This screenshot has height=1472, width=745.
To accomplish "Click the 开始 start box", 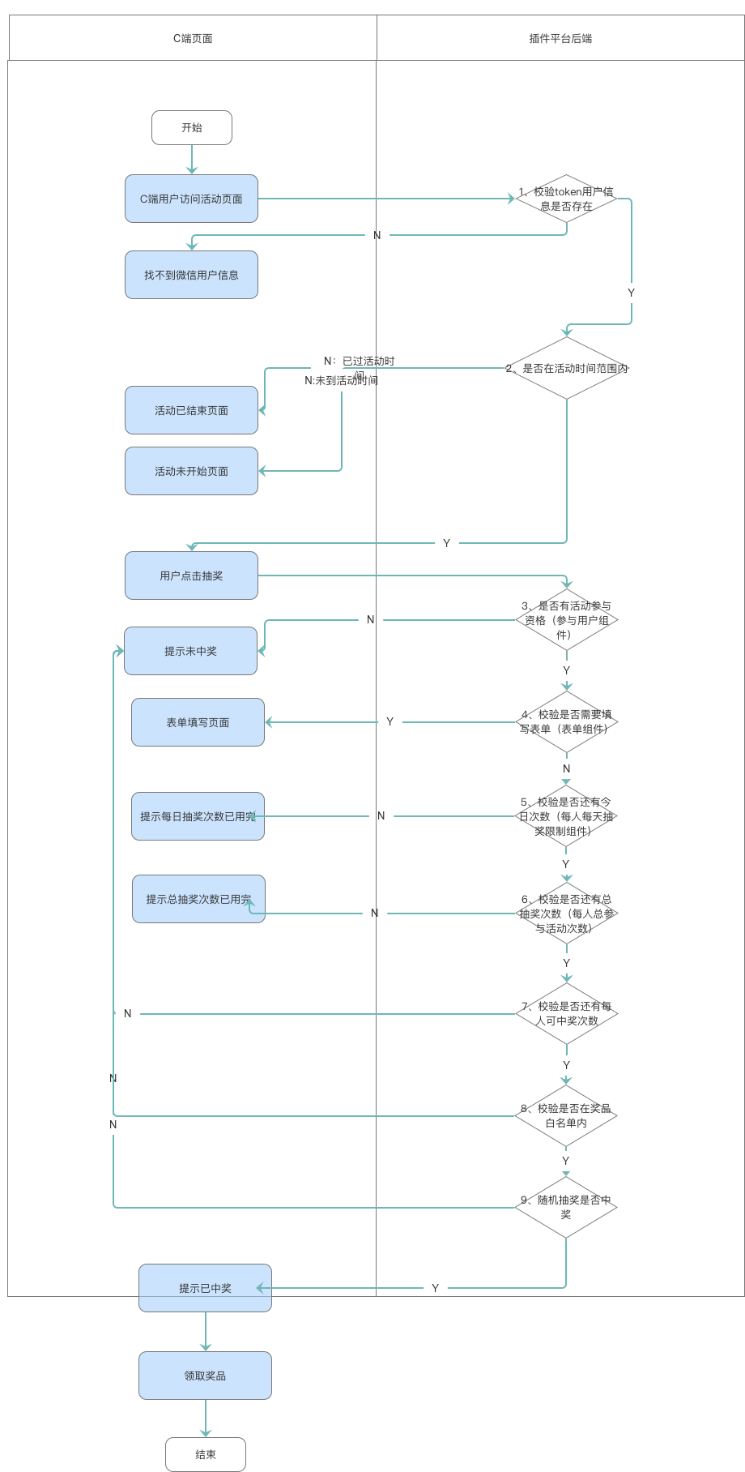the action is (x=192, y=128).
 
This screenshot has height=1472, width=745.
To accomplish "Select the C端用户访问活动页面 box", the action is (x=191, y=199).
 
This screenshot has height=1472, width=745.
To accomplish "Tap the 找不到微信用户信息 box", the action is (x=191, y=275).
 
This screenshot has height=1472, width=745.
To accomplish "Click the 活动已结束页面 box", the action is (x=191, y=410).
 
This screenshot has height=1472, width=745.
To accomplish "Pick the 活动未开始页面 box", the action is (x=191, y=471).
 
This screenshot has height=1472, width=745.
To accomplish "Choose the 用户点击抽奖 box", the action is (x=191, y=576).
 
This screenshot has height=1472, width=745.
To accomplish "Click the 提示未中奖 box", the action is (x=190, y=651).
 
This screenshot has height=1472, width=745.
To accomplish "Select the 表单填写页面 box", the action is (x=198, y=722).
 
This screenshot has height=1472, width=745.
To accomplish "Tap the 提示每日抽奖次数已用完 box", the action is (x=198, y=816).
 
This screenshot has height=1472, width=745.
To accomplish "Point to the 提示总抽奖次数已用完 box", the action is (x=198, y=899).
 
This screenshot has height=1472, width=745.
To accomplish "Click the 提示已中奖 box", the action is (x=205, y=1288).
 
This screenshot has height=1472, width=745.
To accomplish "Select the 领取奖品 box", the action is (x=205, y=1376).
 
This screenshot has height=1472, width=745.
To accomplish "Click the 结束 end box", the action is (x=206, y=1455).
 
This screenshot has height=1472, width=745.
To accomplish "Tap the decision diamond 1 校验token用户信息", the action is (x=567, y=199).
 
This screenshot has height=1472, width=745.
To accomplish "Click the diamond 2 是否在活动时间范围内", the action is (x=567, y=368).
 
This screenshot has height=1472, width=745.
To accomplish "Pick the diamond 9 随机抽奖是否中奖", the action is (x=566, y=1207).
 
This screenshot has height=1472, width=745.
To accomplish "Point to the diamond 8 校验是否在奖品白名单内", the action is (x=566, y=1116).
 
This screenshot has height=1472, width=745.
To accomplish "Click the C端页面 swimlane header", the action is (x=193, y=38).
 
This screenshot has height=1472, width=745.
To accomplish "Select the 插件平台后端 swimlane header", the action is (x=560, y=38).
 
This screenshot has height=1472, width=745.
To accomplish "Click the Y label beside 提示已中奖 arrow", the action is (x=435, y=1288).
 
